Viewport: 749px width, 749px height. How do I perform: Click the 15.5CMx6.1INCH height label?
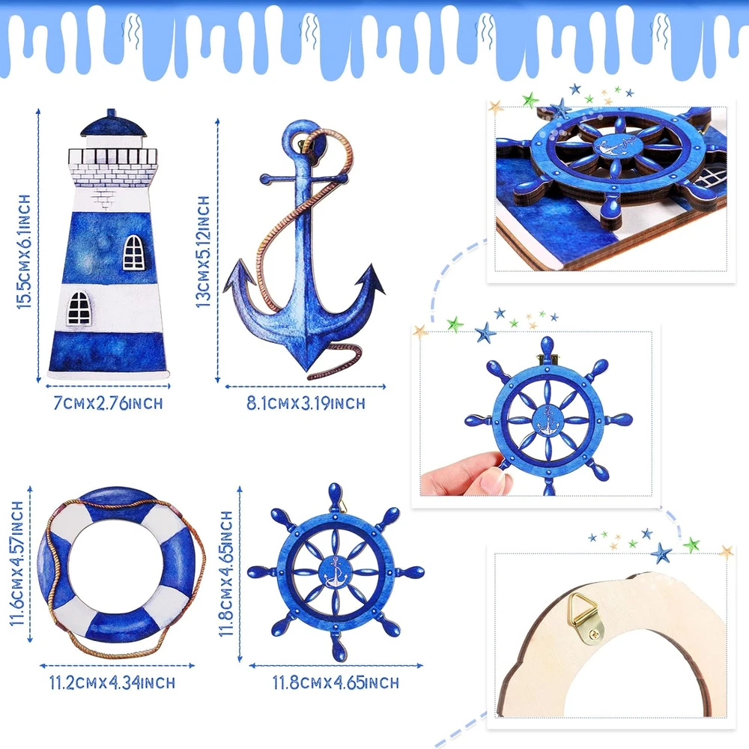(23, 251)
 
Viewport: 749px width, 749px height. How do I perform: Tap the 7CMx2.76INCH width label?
(108, 403)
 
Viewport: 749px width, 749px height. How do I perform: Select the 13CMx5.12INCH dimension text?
(203, 251)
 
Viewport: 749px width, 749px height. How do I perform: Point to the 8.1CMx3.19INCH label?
(306, 403)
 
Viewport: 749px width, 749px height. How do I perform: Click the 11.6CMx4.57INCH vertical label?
(16, 563)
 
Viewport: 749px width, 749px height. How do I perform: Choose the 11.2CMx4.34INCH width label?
(112, 682)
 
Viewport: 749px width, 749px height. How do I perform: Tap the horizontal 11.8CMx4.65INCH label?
(336, 682)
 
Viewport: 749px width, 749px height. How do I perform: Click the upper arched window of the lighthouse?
(133, 252)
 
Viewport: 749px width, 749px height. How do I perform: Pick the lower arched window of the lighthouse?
(79, 308)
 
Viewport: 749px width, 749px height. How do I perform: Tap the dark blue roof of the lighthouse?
(113, 124)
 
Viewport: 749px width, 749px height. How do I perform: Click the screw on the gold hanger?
(595, 634)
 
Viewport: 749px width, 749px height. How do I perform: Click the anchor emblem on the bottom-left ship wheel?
(336, 571)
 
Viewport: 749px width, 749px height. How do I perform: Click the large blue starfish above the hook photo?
(661, 554)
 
